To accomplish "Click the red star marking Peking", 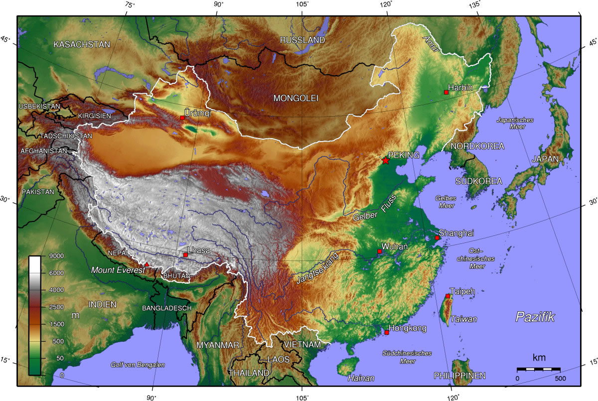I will (x=386, y=161).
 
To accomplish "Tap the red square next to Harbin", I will (x=446, y=92).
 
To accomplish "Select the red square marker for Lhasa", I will (x=185, y=255).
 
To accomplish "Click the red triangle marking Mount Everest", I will (x=147, y=264).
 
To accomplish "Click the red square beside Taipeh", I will (x=448, y=296).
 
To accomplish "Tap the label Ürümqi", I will (x=197, y=113).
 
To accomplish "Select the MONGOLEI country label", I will (x=296, y=98).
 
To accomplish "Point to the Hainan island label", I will (x=361, y=378).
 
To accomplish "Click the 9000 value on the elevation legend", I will (x=56, y=256).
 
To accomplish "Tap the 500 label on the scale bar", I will (x=560, y=379).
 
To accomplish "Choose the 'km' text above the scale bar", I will (x=539, y=358).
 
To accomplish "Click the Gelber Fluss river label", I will (x=374, y=208).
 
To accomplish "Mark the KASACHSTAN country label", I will (x=82, y=44).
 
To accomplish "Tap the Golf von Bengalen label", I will (x=138, y=365).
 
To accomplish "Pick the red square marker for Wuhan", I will (x=379, y=251).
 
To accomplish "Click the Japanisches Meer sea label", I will (x=515, y=123).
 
